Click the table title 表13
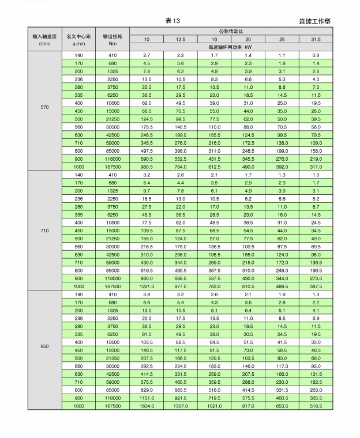point(173,21)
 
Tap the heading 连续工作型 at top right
point(315,21)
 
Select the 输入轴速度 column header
point(44,39)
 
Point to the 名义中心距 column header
point(78,39)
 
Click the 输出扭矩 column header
point(112,39)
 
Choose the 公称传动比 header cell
point(231,31)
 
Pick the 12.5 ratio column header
point(181,39)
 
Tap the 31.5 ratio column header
point(316,39)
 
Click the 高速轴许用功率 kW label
point(231,47)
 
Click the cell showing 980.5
point(147,167)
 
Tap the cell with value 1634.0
point(147,406)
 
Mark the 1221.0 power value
point(147,286)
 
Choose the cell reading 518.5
point(316,406)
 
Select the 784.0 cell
point(181,167)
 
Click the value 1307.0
point(181,406)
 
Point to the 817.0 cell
point(248,406)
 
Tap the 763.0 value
point(214,286)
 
